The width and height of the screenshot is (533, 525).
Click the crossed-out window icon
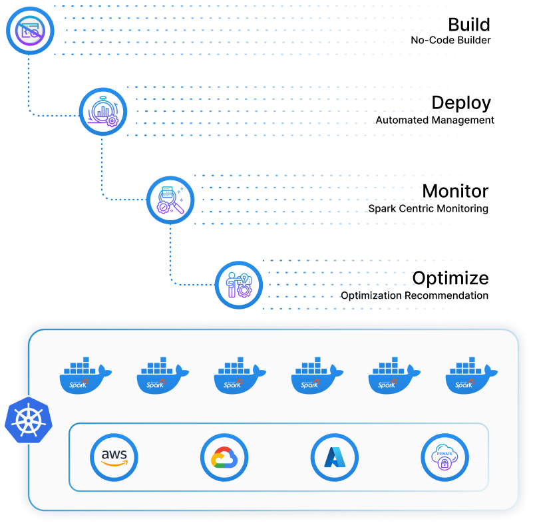click(x=29, y=30)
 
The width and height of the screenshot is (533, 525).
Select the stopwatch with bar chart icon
click(x=103, y=112)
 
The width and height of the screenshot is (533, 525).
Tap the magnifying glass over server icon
click(x=170, y=199)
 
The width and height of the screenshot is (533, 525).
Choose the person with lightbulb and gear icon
click(x=239, y=285)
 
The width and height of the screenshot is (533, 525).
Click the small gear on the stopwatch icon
click(x=112, y=121)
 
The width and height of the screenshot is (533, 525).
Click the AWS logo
click(x=114, y=458)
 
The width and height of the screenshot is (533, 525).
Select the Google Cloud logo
click(x=224, y=458)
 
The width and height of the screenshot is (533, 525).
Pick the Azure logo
click(x=334, y=458)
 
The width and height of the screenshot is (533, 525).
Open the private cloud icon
click(x=444, y=458)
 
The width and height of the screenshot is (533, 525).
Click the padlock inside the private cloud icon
click(x=444, y=463)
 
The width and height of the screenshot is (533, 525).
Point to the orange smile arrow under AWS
click(x=114, y=464)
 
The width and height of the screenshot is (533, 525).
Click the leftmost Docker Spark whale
click(x=85, y=377)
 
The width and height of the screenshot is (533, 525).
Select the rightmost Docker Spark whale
click(x=471, y=377)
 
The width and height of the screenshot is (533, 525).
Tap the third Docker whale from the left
click(x=240, y=377)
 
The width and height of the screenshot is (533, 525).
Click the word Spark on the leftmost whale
click(x=79, y=384)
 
